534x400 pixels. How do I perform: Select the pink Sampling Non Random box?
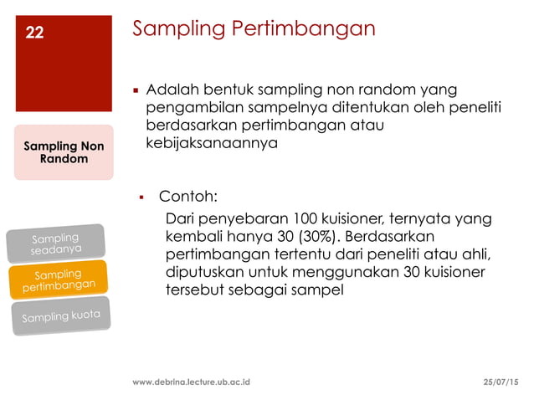pos(64,151)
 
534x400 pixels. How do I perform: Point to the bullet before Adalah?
pos(135,90)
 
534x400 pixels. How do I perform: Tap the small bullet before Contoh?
pos(142,198)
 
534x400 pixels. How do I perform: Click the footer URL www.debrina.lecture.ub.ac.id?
pos(193,382)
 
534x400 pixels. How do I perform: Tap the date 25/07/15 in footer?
pos(501,382)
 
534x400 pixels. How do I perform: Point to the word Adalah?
pos(169,90)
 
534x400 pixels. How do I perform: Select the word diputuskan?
pos(205,272)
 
